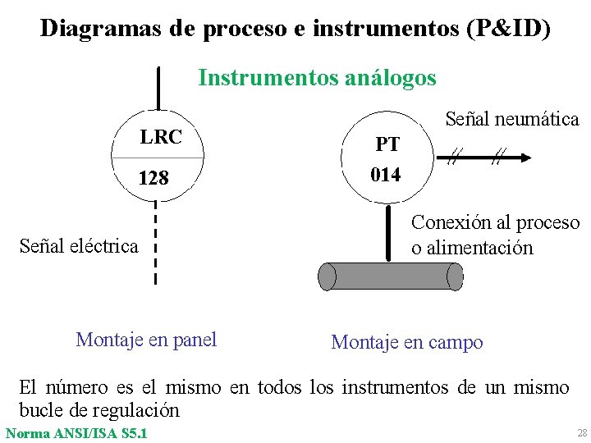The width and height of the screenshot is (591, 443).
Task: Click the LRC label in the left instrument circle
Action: [x=161, y=137]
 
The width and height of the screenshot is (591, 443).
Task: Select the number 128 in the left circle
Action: [x=154, y=177]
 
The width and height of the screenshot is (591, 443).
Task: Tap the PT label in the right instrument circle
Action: [x=387, y=145]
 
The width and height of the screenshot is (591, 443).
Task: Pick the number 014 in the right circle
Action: [x=386, y=175]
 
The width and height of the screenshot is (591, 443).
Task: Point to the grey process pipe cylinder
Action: [x=391, y=276]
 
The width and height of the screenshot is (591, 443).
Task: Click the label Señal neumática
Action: [x=511, y=119]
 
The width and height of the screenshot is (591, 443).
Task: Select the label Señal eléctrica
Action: [x=79, y=245]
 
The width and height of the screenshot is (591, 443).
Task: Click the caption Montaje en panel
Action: [x=146, y=340]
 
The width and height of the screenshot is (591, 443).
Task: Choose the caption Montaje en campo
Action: [x=406, y=342]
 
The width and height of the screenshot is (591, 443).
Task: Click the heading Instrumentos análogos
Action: [x=317, y=78]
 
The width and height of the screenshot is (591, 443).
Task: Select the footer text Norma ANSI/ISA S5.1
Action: [x=76, y=432]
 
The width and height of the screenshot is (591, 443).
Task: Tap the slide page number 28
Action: [x=582, y=432]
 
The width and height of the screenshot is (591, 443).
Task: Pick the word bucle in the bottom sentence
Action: [x=43, y=409]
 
